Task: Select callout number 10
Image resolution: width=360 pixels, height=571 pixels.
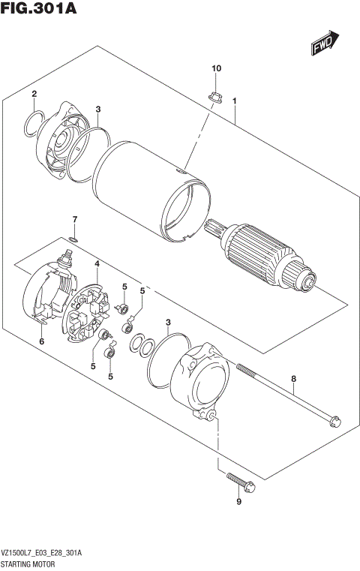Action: coord(217,69)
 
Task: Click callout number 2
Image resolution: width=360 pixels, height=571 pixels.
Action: coord(34,94)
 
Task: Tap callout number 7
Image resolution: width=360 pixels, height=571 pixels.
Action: coord(74,218)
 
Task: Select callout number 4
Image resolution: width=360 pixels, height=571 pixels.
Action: coord(97,263)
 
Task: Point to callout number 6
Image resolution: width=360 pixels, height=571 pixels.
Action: coord(42,341)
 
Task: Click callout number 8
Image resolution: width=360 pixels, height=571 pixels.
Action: coord(294,379)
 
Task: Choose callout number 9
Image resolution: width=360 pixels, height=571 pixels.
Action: coord(238,502)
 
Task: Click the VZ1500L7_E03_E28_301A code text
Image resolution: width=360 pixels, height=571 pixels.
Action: coord(46,552)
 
